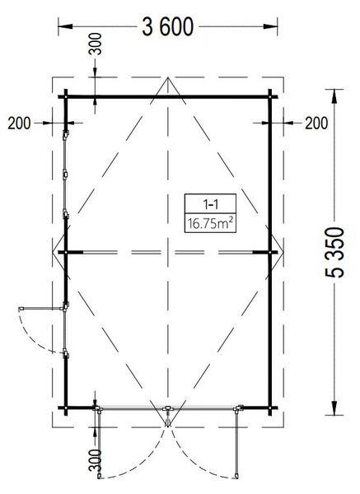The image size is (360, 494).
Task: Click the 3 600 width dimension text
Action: (x=167, y=27)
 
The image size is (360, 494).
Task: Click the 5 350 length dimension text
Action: (x=334, y=253)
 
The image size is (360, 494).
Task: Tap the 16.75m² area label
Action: (x=210, y=224)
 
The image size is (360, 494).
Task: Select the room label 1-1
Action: (x=210, y=205)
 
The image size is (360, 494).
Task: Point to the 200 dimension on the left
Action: (x=19, y=123)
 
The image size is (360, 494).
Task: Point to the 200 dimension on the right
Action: (x=316, y=123)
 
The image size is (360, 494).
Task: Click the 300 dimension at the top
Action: (x=96, y=44)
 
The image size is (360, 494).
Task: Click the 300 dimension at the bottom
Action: (x=96, y=460)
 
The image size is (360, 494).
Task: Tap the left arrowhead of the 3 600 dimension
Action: (x=65, y=26)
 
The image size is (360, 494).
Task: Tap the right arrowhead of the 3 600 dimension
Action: (x=270, y=26)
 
